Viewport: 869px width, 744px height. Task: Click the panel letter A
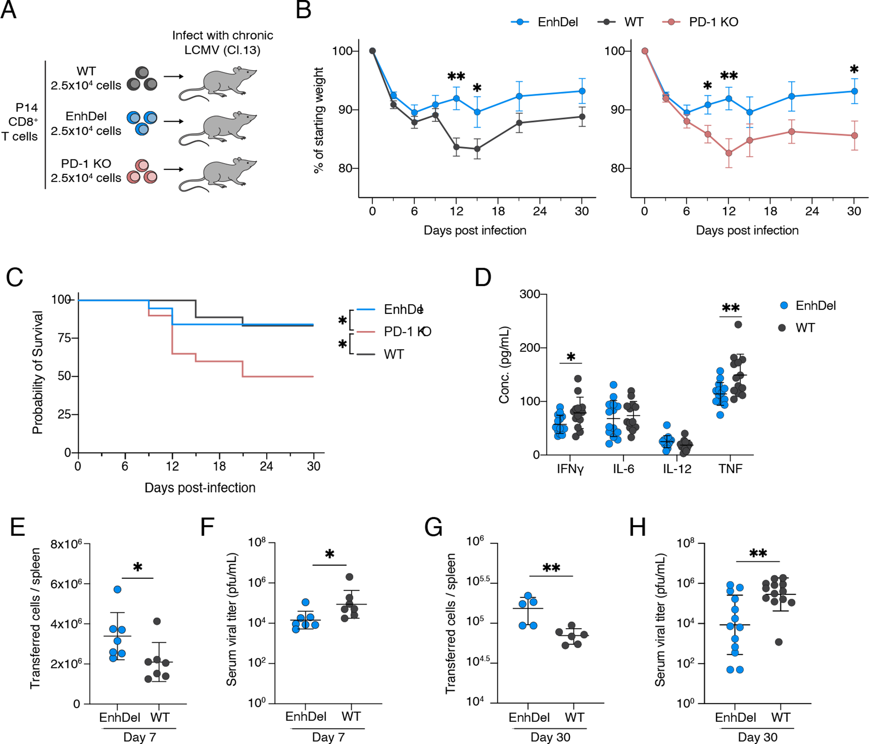(x=9, y=10)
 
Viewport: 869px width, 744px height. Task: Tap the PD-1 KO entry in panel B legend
(x=713, y=22)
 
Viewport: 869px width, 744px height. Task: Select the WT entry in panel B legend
(x=633, y=22)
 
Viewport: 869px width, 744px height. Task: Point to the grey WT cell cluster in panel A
(x=142, y=79)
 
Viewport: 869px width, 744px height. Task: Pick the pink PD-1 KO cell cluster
(x=142, y=172)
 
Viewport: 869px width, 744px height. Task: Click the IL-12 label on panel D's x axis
(x=677, y=469)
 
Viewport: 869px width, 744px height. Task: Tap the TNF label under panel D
(x=731, y=469)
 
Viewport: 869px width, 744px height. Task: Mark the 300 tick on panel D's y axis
(x=530, y=294)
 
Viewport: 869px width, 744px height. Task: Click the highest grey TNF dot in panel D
(x=738, y=324)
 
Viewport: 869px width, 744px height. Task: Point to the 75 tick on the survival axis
(x=64, y=338)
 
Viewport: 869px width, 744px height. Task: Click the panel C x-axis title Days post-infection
(x=200, y=488)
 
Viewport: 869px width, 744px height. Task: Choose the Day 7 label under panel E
(x=139, y=737)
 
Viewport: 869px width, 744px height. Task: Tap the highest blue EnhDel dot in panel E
(x=118, y=589)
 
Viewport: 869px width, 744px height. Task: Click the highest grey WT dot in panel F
(x=349, y=577)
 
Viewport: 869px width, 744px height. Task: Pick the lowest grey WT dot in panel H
(x=778, y=642)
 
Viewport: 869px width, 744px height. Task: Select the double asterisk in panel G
(x=551, y=568)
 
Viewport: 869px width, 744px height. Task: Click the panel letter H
(x=638, y=528)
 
